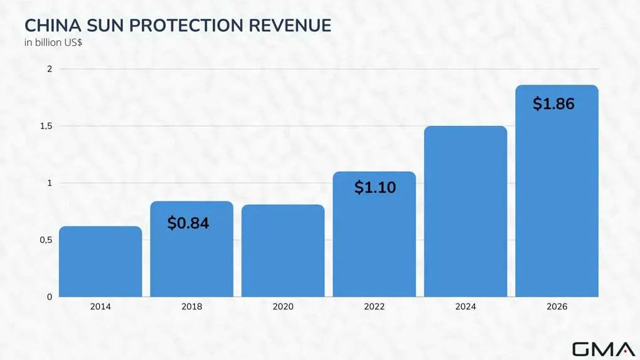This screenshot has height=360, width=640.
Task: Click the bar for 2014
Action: pos(100,262)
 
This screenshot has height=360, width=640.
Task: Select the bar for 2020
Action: pos(283,251)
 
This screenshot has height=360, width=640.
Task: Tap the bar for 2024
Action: pos(466,211)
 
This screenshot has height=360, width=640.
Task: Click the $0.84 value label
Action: pos(188,223)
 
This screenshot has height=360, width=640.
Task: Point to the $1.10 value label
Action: pos(375,188)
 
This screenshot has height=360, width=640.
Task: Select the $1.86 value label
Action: pos(553,103)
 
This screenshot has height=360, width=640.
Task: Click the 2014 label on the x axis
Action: pos(100,307)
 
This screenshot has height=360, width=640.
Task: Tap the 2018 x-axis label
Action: pos(192,307)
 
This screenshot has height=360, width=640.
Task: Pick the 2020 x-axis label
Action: pos(283,307)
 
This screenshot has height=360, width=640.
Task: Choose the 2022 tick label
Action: pos(375,307)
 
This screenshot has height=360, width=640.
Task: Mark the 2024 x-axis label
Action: pos(466,307)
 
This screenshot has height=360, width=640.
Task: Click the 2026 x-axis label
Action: pos(557,307)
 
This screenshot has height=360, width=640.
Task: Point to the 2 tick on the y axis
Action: pos(50,69)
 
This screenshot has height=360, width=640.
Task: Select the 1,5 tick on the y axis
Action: pos(46,126)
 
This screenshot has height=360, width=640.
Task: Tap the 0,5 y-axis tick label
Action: pos(46,240)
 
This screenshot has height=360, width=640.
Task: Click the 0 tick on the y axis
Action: pos(50,297)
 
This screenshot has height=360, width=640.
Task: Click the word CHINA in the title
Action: pos(53,25)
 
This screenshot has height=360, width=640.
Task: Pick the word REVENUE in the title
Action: pos(290,25)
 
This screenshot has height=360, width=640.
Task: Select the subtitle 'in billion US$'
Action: pos(53,43)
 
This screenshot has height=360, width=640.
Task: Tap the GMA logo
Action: pos(604,349)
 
